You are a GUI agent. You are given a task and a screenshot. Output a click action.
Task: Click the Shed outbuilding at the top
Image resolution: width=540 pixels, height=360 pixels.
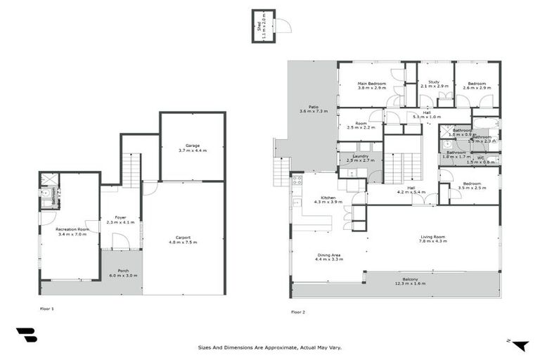point(263,26)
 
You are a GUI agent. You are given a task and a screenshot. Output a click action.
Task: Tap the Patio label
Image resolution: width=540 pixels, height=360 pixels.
point(304,109)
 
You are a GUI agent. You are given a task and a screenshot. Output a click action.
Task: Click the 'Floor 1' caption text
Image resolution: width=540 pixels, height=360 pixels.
point(47,308)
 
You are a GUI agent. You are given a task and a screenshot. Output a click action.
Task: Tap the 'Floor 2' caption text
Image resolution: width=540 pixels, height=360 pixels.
point(298,311)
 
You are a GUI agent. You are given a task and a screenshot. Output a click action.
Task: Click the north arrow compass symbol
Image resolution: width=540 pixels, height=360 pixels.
point(519,344)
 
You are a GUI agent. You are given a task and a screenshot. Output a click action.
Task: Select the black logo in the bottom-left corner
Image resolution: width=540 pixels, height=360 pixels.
point(26,335)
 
